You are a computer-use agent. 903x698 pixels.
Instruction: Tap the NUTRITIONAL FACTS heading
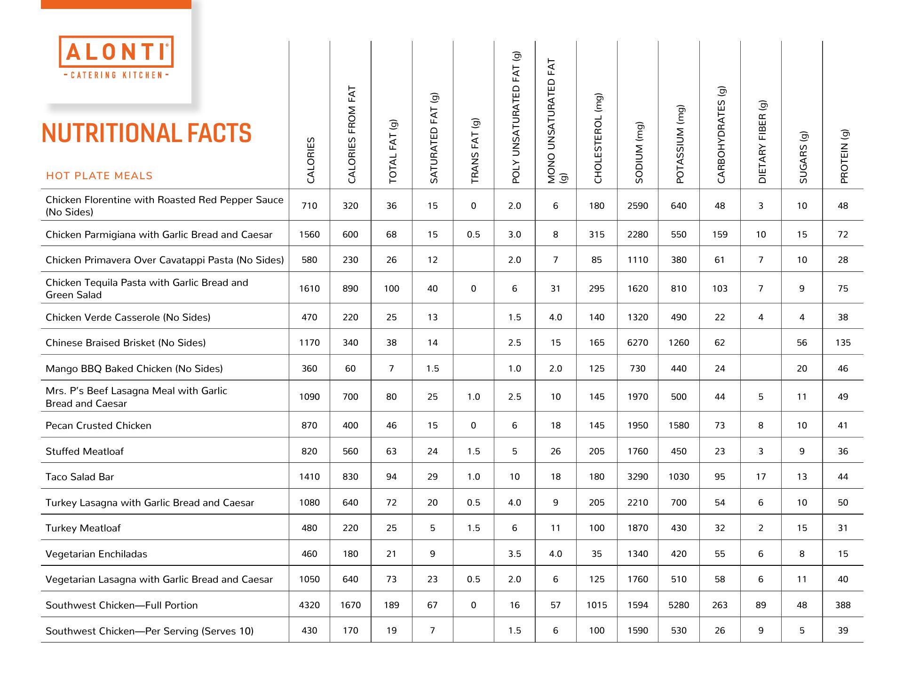(x=146, y=133)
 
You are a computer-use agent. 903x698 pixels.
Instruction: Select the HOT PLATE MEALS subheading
(x=99, y=176)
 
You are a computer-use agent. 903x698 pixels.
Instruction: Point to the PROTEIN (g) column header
(x=844, y=156)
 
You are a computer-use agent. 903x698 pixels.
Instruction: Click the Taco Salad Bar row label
(x=80, y=477)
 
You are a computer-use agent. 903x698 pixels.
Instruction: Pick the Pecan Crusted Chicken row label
(x=98, y=426)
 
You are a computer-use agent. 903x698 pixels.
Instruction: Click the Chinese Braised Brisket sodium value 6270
(x=638, y=343)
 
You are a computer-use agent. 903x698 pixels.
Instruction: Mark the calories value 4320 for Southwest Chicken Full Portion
(x=309, y=605)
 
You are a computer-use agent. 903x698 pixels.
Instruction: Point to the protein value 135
(x=843, y=343)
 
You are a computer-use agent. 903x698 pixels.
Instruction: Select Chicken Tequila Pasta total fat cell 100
(x=391, y=289)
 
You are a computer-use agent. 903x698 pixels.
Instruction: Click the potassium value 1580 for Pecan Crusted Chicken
(x=679, y=426)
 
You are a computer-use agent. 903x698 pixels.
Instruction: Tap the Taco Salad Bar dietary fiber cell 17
(x=761, y=477)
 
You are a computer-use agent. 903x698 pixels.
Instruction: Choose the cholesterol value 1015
(x=597, y=605)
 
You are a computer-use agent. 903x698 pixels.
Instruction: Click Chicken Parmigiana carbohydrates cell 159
(x=720, y=235)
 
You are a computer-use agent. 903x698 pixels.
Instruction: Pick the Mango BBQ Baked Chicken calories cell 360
(x=309, y=369)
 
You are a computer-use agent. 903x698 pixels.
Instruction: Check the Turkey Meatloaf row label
(x=83, y=528)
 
